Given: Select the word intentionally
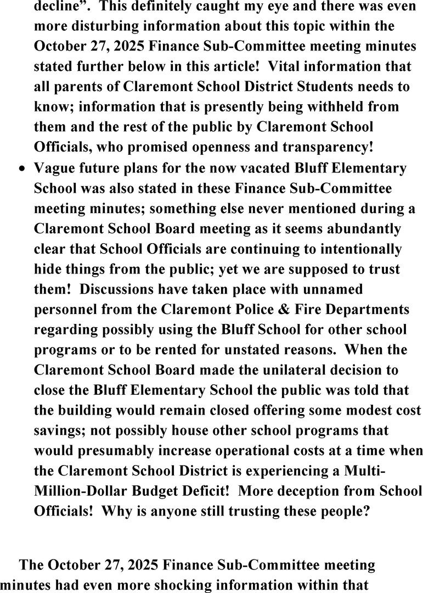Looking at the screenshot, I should click(352, 248).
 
